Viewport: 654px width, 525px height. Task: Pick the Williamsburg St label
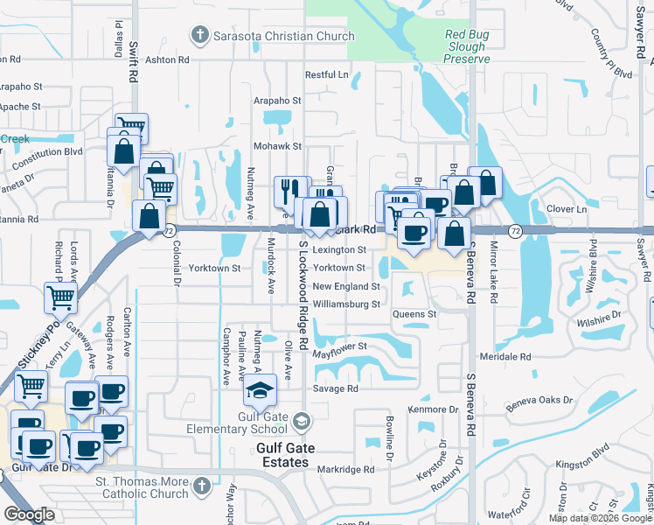pyautogui.click(x=346, y=304)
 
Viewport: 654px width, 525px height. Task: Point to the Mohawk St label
pyautogui.click(x=277, y=146)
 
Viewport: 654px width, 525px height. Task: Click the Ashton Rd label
pyautogui.click(x=166, y=59)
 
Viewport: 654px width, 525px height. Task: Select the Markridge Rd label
pyautogui.click(x=344, y=469)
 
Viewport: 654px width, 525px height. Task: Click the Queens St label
pyautogui.click(x=414, y=314)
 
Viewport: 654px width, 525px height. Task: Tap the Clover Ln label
pyautogui.click(x=566, y=210)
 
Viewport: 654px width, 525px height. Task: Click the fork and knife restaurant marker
pyautogui.click(x=289, y=190)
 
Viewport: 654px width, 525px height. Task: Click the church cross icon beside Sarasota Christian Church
pyautogui.click(x=199, y=36)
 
